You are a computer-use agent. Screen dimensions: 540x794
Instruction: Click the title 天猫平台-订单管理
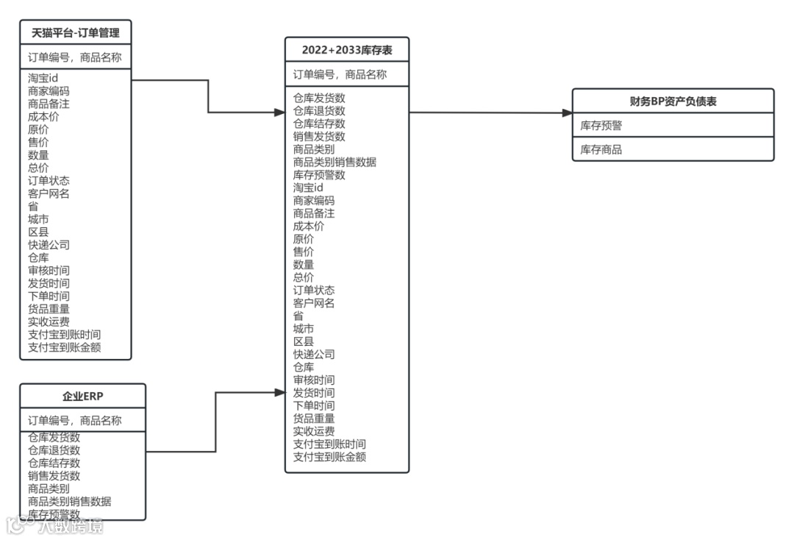pyautogui.click(x=75, y=32)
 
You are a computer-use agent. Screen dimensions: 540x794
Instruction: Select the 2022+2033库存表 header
pyautogui.click(x=346, y=50)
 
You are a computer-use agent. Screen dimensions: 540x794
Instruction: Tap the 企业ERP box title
pyautogui.click(x=82, y=396)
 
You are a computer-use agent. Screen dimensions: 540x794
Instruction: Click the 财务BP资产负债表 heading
pyautogui.click(x=673, y=102)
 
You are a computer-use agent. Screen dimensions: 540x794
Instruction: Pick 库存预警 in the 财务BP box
pyautogui.click(x=601, y=126)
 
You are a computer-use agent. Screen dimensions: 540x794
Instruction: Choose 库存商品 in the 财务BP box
pyautogui.click(x=601, y=149)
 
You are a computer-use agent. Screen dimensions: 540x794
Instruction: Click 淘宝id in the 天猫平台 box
pyautogui.click(x=43, y=79)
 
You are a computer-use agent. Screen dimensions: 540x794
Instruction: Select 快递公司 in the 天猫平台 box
pyautogui.click(x=49, y=245)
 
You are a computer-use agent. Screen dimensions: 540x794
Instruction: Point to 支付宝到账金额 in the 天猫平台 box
pyautogui.click(x=65, y=347)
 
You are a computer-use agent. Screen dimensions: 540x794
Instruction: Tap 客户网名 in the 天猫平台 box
pyautogui.click(x=49, y=193)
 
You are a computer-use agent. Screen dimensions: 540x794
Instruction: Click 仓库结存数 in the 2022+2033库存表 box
pyautogui.click(x=319, y=124)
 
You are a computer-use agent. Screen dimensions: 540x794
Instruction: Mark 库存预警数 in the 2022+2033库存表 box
pyautogui.click(x=319, y=175)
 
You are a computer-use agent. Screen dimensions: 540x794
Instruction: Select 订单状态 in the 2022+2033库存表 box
pyautogui.click(x=314, y=290)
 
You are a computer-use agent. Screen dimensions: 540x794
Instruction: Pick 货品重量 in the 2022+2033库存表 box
pyautogui.click(x=314, y=418)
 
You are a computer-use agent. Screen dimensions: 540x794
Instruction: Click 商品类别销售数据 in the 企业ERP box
pyautogui.click(x=70, y=501)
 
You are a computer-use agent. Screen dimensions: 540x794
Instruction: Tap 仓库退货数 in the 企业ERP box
pyautogui.click(x=54, y=450)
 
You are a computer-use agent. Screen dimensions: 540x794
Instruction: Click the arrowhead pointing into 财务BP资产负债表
pyautogui.click(x=567, y=113)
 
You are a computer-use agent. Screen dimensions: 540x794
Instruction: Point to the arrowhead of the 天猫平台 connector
pyautogui.click(x=279, y=113)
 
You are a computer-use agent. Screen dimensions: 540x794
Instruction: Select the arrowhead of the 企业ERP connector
pyautogui.click(x=279, y=393)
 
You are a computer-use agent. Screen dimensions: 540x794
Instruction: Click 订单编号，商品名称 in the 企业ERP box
pyautogui.click(x=75, y=421)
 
